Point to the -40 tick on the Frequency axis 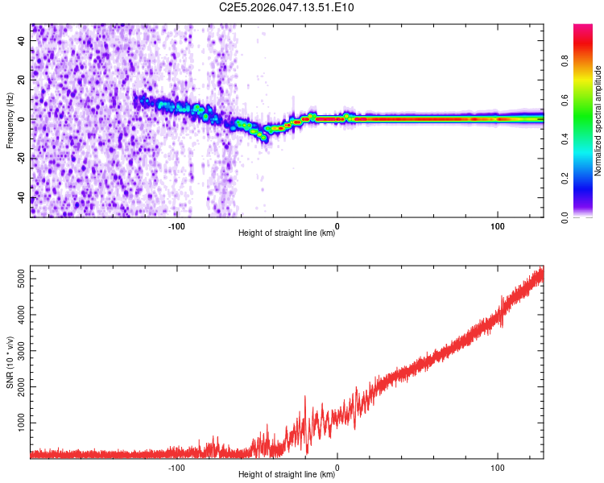23,198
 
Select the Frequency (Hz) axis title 10,120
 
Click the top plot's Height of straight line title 287,233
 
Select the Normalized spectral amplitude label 598,121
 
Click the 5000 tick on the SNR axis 21,279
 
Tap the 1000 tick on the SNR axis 21,422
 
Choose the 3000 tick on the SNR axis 21,350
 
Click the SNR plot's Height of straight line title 287,474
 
